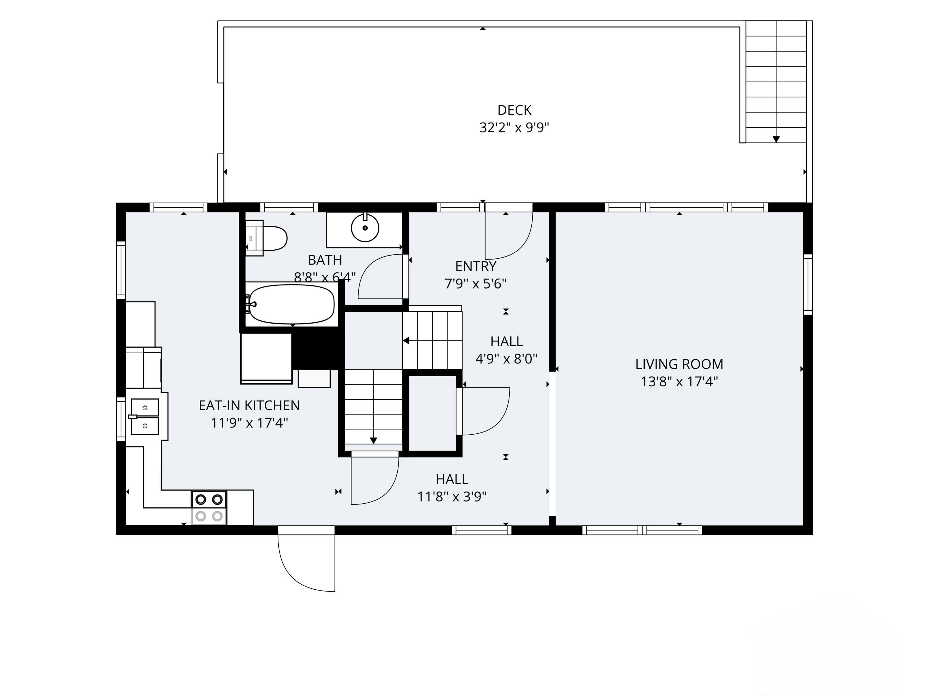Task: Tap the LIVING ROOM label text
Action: coord(679,364)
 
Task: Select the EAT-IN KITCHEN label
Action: coord(249,405)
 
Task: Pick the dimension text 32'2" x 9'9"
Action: coord(514,127)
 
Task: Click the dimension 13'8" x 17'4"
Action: coord(679,382)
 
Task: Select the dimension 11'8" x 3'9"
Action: coord(451,497)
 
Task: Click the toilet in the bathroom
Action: coord(266,238)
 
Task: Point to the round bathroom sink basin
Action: coord(365,228)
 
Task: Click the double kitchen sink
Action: coord(145,417)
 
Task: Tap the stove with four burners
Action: coord(209,508)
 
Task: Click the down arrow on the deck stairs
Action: coord(776,139)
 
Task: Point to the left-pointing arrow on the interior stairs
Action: coord(406,341)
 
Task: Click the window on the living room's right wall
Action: coord(808,285)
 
